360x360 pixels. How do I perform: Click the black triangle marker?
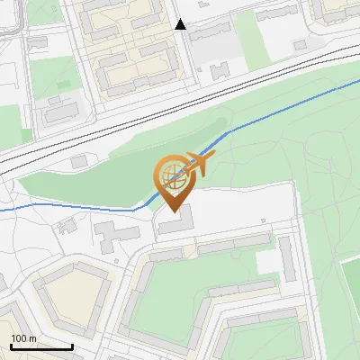coord(181,24)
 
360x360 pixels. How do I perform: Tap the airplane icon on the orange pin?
coord(200,163)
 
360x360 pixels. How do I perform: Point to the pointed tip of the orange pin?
coord(174,212)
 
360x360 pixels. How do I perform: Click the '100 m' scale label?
coord(24,338)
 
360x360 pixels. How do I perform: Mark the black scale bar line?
coord(41,346)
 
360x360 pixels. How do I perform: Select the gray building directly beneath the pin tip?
coord(175,223)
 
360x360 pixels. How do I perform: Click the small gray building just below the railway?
coord(80,160)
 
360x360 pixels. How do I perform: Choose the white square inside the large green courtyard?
coord(268,262)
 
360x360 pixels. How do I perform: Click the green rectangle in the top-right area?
coord(274,36)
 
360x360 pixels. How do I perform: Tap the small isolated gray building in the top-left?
coord(37,43)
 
